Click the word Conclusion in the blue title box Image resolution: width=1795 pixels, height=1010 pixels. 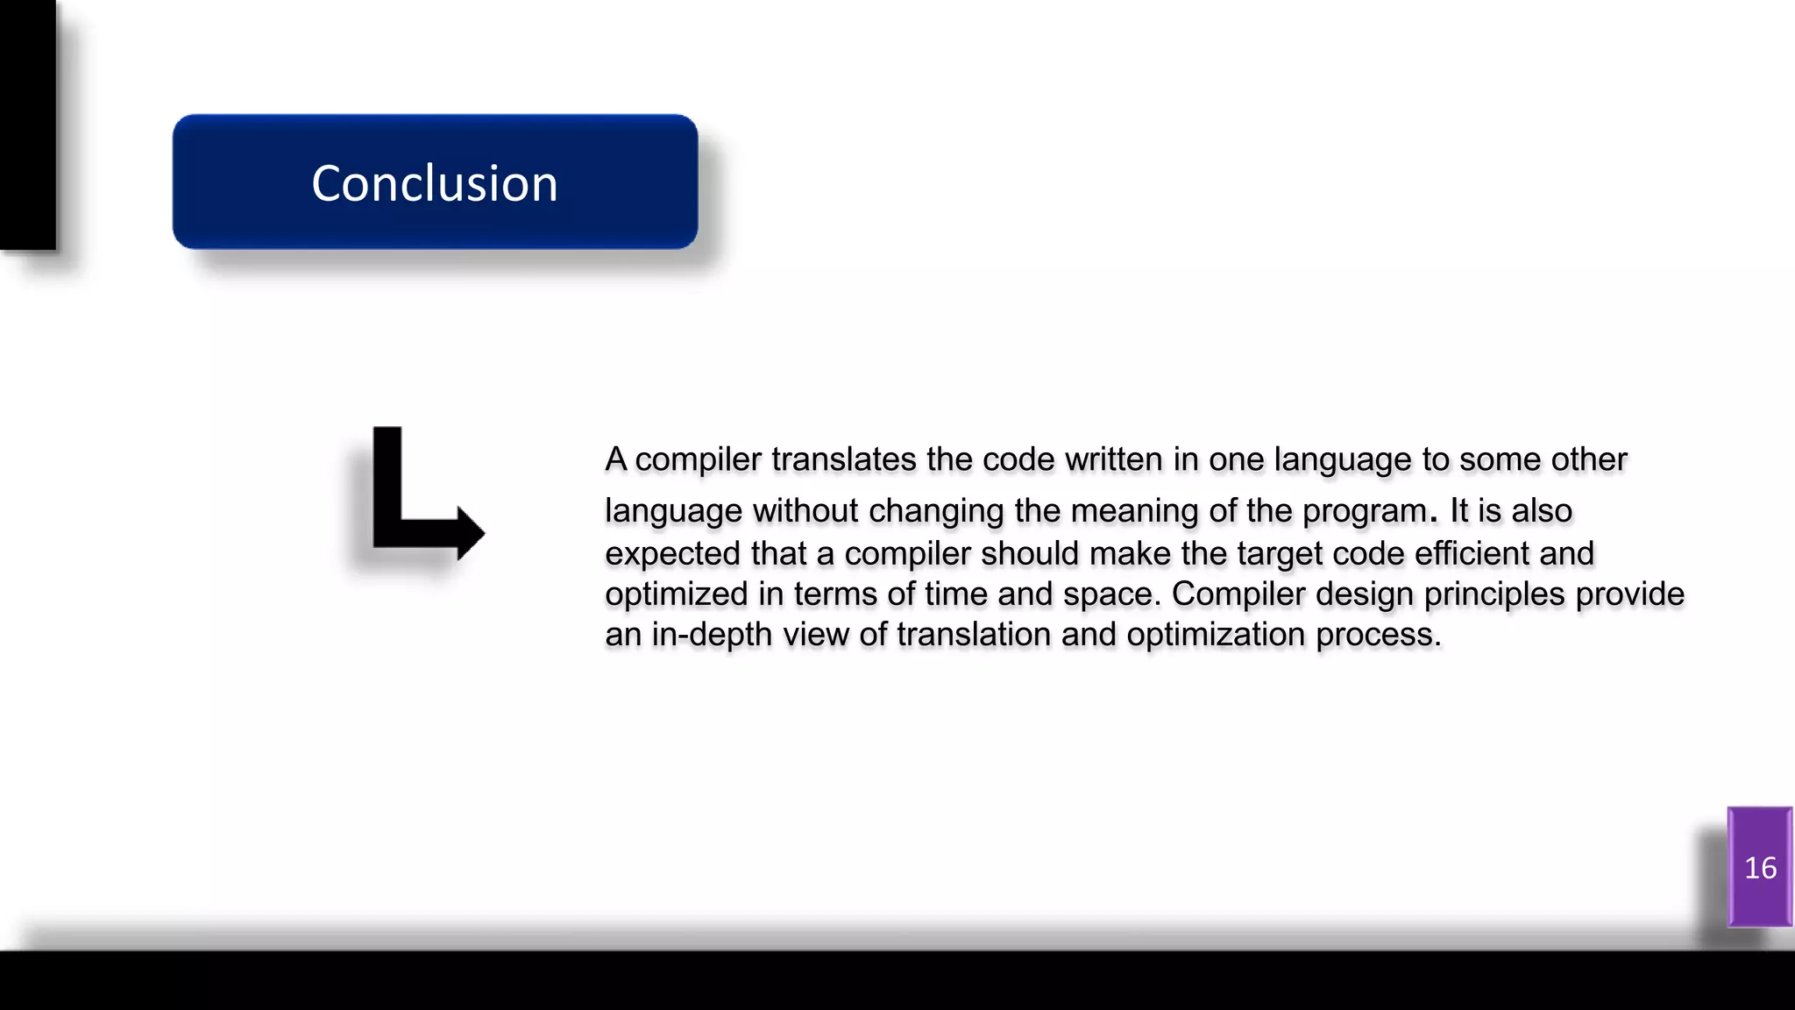click(x=435, y=183)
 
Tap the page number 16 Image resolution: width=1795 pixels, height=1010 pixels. click(x=1760, y=868)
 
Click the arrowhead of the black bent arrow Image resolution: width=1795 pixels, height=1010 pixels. click(x=471, y=532)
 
